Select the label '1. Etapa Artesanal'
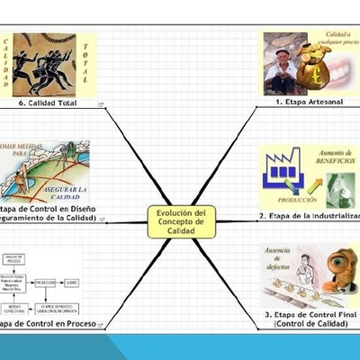point(307,103)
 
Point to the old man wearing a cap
point(286,67)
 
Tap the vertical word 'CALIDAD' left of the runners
point(6,65)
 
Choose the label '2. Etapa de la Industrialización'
point(310,217)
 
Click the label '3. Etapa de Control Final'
point(310,316)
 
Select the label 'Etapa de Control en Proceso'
point(49,324)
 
